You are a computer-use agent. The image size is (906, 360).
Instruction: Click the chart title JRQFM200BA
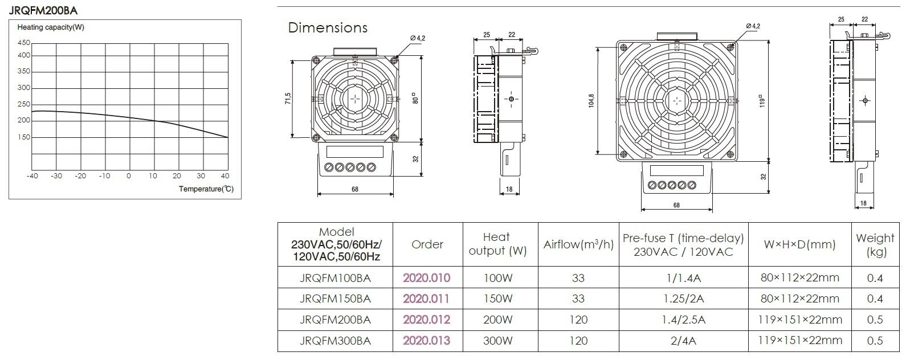[x=43, y=10]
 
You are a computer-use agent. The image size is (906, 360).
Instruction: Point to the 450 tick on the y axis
[x=24, y=43]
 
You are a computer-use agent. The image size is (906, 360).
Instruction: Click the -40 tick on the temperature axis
[x=32, y=176]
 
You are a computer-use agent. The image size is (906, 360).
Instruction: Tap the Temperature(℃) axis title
[x=206, y=189]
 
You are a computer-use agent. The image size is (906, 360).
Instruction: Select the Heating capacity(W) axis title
[x=51, y=27]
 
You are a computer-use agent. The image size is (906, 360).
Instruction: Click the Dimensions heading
[x=328, y=27]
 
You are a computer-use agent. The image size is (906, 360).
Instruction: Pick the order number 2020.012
[x=426, y=320]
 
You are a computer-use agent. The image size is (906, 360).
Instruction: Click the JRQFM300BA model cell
[x=335, y=341]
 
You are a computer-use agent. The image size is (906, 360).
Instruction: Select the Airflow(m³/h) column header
[x=578, y=244]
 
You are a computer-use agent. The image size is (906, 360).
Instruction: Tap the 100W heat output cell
[x=498, y=278]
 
